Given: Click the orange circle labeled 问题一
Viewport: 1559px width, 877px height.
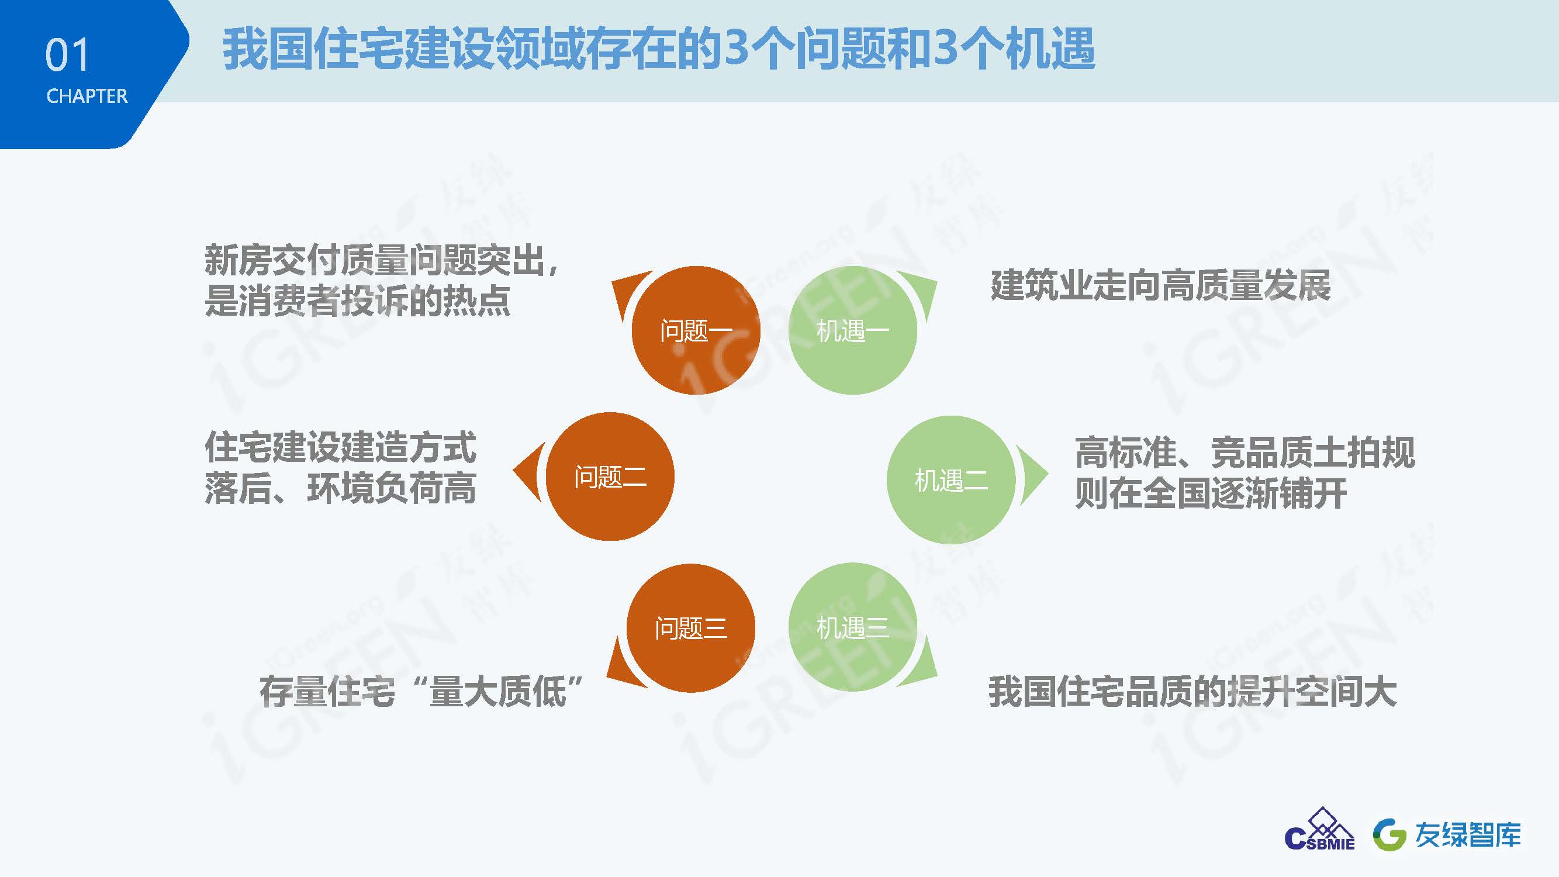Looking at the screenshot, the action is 696,330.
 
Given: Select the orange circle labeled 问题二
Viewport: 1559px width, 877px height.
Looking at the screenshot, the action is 610,477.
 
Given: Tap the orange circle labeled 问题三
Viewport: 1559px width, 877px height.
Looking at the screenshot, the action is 690,629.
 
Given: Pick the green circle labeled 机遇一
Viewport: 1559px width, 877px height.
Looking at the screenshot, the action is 853,330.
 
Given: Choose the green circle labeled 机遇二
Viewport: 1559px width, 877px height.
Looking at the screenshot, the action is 950,480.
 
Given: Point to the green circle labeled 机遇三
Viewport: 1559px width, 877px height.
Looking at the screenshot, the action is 853,627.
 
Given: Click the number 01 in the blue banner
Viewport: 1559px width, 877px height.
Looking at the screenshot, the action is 67,55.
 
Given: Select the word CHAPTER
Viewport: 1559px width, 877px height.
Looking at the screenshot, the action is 87,96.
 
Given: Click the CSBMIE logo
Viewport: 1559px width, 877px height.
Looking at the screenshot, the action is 1320,829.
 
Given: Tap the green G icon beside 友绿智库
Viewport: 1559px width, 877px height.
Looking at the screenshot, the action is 1389,835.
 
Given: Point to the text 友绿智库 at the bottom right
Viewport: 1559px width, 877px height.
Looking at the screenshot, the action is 1467,835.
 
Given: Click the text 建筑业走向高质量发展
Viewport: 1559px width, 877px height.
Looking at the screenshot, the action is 1161,286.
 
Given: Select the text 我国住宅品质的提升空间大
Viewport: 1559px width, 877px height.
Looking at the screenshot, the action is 1193,692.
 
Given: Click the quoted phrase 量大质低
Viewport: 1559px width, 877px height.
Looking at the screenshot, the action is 497,692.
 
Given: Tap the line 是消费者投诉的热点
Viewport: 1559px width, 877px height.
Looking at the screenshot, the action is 357,300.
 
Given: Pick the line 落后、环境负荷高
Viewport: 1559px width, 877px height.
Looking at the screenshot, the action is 340,488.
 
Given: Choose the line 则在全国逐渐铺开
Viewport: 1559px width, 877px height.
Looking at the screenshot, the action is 1211,493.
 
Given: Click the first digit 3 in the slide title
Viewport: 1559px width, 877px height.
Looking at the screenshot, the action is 736,48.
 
